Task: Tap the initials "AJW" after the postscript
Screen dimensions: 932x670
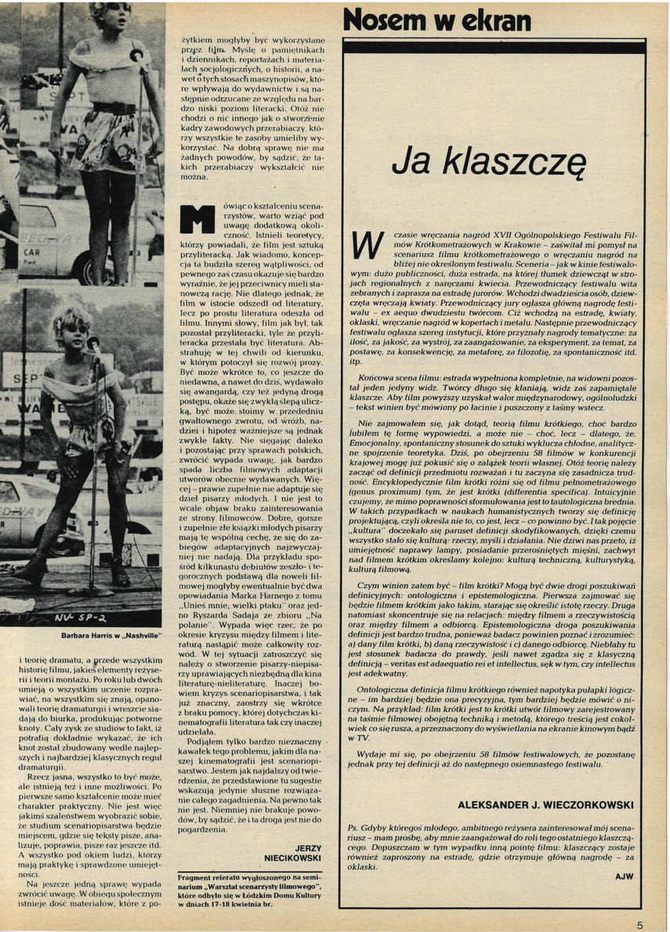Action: pos(625,876)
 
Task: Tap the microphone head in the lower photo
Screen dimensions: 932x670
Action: pos(93,342)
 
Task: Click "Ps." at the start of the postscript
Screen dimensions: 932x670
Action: pos(353,828)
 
